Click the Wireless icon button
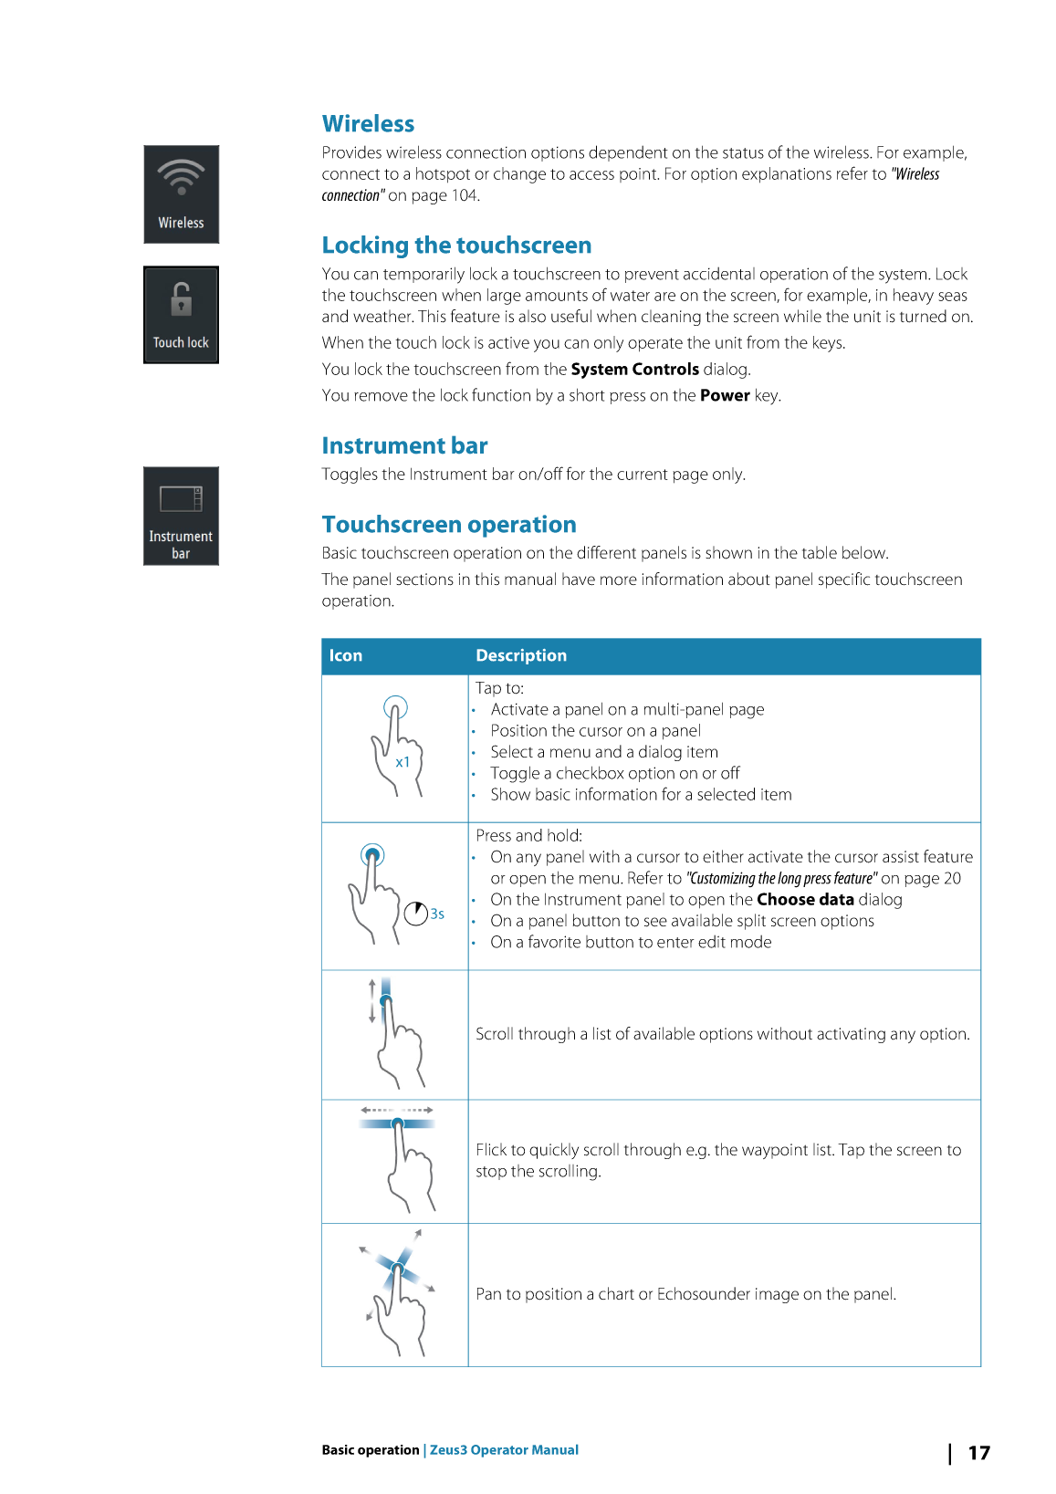(181, 194)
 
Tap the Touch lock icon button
(181, 315)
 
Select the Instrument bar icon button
(181, 516)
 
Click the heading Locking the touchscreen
(456, 246)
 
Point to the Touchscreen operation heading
(449, 525)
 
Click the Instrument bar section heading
(404, 446)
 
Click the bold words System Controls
(634, 370)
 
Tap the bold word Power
(725, 396)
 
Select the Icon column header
(346, 656)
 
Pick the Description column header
(521, 656)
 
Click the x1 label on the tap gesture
(403, 763)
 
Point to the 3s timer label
(438, 914)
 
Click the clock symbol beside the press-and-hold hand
(416, 914)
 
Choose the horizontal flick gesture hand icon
(400, 1160)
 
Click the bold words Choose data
(805, 900)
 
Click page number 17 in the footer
(978, 1453)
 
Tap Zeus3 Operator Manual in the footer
(504, 1450)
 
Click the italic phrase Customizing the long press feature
(781, 879)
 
